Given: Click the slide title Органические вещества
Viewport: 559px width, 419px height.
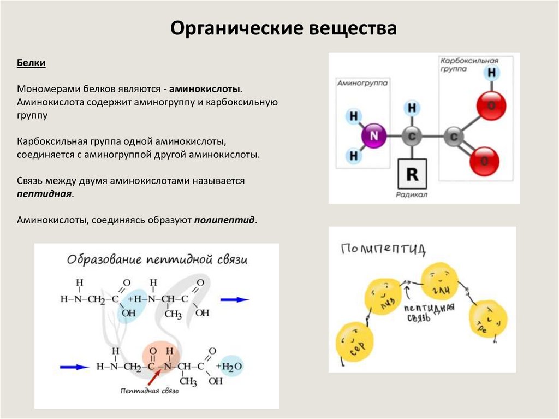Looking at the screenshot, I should [x=283, y=28].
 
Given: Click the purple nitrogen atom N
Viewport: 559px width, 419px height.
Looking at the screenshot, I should [x=373, y=135].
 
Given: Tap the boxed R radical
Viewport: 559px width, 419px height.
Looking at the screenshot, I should [x=413, y=174].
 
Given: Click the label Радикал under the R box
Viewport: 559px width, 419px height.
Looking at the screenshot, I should [x=413, y=194].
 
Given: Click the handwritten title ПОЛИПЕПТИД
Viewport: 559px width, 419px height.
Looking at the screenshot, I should [x=383, y=250].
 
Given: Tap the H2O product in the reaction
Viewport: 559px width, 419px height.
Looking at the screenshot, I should [x=229, y=366].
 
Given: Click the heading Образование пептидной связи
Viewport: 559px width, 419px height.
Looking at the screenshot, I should [x=157, y=259].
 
